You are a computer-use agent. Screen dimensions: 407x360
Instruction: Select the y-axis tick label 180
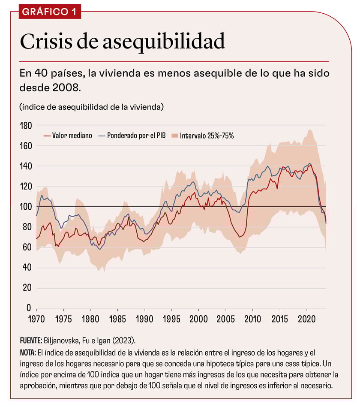tap(26, 126)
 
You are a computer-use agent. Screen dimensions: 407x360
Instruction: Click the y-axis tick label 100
tap(26, 207)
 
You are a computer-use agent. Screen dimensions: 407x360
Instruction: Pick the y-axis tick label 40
tap(27, 268)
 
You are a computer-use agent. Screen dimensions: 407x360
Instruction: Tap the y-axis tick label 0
tap(29, 308)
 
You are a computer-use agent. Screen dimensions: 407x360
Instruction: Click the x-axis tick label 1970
tap(36, 320)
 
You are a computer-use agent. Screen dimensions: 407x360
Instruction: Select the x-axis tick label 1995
tap(172, 320)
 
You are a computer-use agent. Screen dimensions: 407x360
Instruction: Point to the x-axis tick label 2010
tap(253, 320)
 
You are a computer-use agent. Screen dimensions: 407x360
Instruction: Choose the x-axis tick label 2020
tap(307, 320)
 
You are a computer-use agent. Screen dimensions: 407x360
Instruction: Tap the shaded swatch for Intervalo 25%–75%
tap(174, 136)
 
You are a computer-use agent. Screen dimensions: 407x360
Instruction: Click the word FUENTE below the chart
tap(30, 341)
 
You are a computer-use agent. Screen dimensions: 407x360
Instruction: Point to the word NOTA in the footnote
tap(29, 353)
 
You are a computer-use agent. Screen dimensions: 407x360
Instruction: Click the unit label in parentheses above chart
tap(91, 107)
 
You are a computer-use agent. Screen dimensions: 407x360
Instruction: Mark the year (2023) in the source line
tap(124, 341)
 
